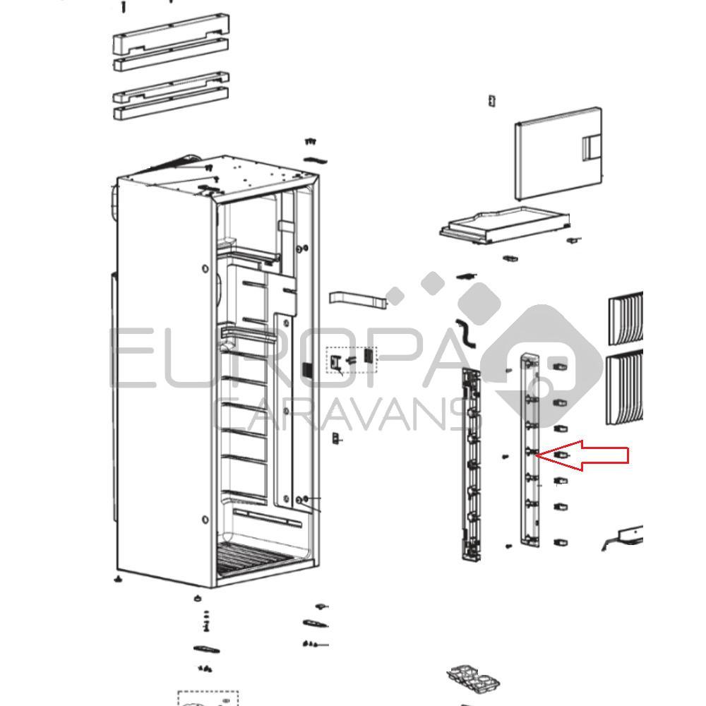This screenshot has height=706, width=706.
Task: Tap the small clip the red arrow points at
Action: pos(561,455)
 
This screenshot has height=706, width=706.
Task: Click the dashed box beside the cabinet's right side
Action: pos(351,360)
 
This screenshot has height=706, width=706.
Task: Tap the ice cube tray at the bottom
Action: pos(474,681)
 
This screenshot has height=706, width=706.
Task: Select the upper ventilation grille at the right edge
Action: pos(626,311)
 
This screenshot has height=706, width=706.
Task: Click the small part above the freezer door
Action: pos(492,100)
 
